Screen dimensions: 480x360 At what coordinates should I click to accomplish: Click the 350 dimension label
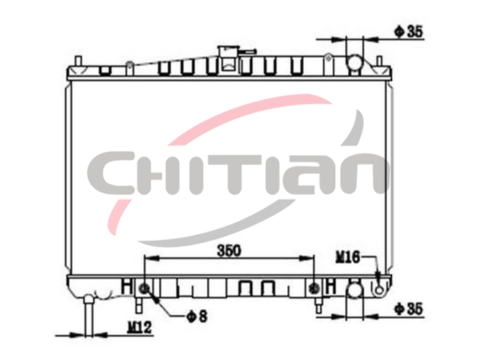tap(229, 250)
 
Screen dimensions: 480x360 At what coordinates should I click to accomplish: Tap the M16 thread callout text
tap(348, 256)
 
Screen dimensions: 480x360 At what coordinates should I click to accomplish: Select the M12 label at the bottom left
tap(139, 328)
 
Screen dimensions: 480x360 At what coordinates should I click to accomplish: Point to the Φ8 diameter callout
tap(196, 316)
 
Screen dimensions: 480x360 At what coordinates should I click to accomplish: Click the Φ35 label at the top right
tap(409, 31)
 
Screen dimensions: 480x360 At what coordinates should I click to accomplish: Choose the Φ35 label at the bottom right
tap(409, 308)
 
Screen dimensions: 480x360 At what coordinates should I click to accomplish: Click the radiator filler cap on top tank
tap(226, 58)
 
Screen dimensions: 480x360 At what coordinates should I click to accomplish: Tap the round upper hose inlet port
tap(355, 61)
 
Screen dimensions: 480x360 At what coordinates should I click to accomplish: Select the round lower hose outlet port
tap(355, 289)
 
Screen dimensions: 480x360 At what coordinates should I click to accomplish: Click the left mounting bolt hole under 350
tap(144, 288)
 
